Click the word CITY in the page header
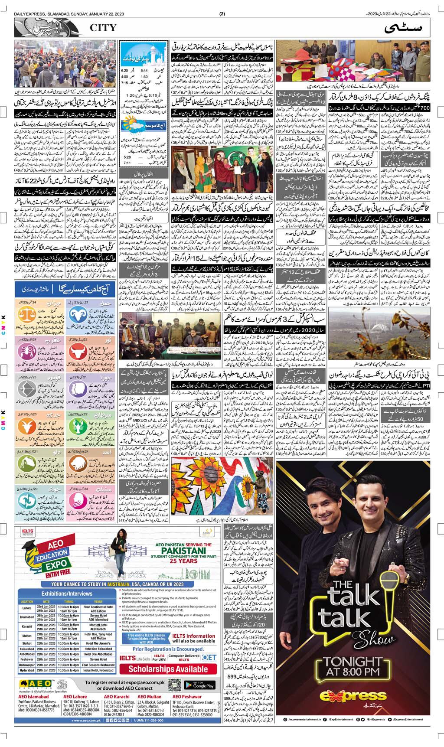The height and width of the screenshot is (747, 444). [103, 28]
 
